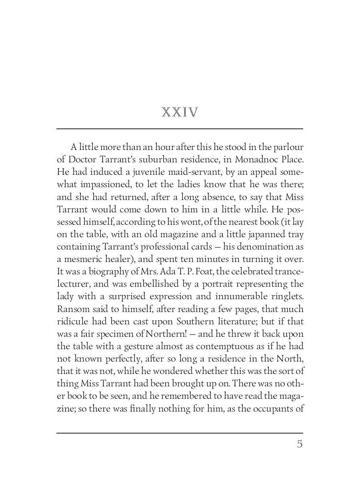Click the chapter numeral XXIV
coord(180,112)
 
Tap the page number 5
coord(299,444)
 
